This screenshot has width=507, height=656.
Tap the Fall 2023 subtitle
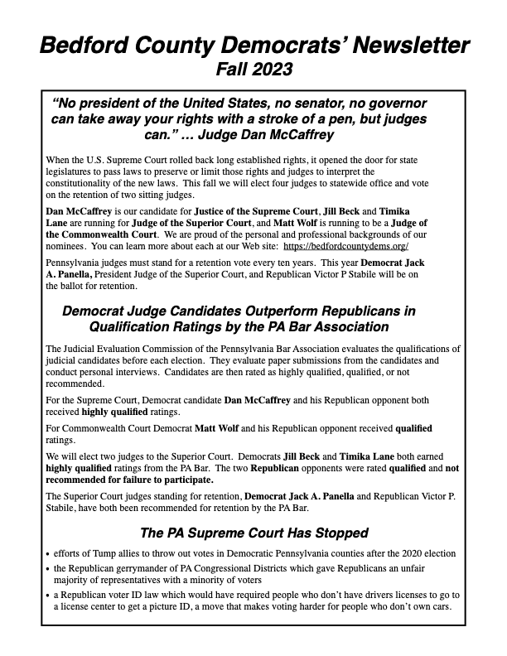pyautogui.click(x=254, y=69)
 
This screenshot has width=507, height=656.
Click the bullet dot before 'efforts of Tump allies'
pyautogui.click(x=48, y=553)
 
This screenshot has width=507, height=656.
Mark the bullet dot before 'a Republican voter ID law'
pyautogui.click(x=48, y=596)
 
